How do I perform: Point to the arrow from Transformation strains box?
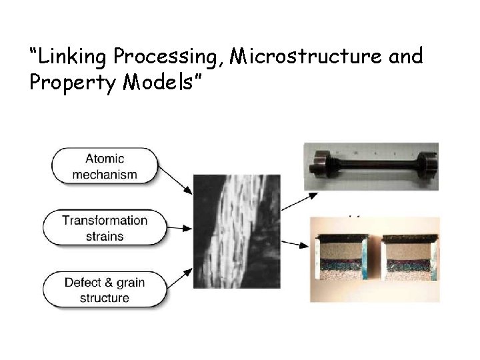point(179,229)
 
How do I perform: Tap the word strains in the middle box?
point(105,236)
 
